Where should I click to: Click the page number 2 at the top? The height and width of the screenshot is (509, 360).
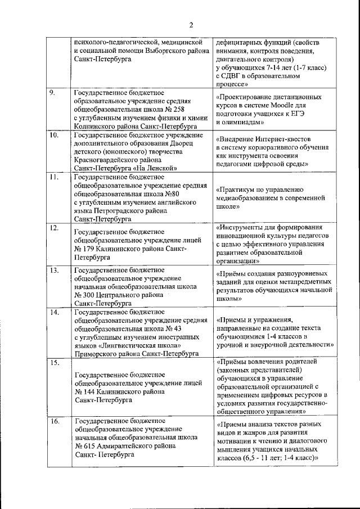point(191,25)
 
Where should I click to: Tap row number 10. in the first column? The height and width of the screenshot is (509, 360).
point(56,136)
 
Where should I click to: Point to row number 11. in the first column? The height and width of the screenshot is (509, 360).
point(55,177)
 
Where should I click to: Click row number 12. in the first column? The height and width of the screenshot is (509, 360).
point(55,227)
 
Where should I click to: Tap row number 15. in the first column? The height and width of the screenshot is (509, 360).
point(55,363)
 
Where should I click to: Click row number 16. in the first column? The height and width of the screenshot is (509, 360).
point(55,421)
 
